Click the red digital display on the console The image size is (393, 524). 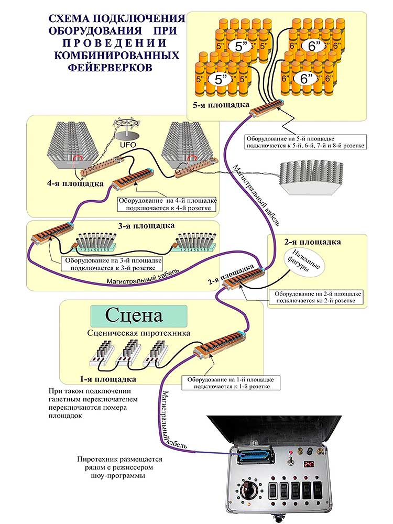point(309,464)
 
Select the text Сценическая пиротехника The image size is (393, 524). point(138,333)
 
